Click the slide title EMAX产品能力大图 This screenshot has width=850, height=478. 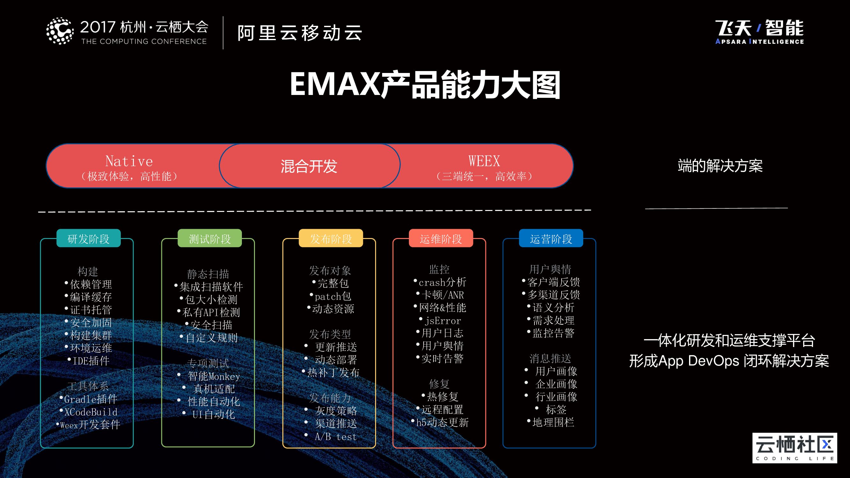pos(425,85)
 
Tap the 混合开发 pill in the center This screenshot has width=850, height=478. pos(309,166)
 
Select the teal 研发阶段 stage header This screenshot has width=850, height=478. pos(88,238)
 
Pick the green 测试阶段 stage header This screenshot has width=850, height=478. pos(209,238)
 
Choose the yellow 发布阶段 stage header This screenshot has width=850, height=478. pos(331,238)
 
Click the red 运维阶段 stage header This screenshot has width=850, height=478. pos(441,238)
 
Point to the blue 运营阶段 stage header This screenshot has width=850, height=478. pos(551,238)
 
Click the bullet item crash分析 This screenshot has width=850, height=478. pos(442,282)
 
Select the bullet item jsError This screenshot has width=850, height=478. pos(442,321)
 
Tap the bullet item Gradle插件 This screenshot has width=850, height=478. pos(91,399)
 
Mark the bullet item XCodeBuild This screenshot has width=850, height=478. pos(91,412)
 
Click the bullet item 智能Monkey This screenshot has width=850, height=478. pos(214,376)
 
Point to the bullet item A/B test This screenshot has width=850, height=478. pos(336,437)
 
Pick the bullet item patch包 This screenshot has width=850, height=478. pos(333,296)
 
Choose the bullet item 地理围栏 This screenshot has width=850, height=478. pos(553,422)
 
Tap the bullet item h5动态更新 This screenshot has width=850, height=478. pos(442,422)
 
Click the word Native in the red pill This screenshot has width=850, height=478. pos(129,161)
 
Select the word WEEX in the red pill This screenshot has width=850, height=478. pos(484,161)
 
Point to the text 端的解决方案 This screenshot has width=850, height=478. pos(720,166)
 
